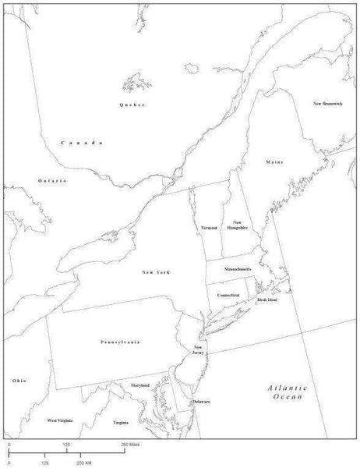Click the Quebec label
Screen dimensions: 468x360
pos(132,105)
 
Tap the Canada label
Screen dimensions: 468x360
pos(82,143)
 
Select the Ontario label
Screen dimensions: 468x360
pos(52,180)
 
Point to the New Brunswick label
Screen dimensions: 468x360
pos(328,104)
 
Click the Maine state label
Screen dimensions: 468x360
pos(274,162)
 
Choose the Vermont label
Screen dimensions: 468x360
pos(208,227)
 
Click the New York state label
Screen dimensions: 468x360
pos(156,271)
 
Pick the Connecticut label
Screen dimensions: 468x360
pos(228,295)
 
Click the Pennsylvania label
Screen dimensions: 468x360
pos(120,342)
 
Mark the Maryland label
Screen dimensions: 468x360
pos(140,385)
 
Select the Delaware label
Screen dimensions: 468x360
pos(202,401)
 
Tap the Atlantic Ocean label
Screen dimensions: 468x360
pos(287,392)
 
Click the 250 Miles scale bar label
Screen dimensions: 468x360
pos(129,444)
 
